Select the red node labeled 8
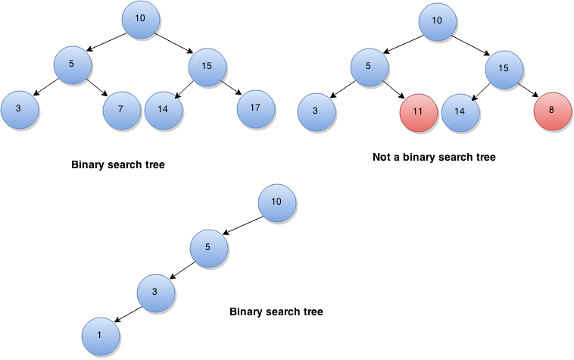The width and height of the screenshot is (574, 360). pos(552,111)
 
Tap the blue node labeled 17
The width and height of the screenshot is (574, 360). pos(255,109)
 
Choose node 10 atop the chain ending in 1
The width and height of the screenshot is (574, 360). pos(276,203)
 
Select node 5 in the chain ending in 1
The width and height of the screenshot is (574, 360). pos(208,249)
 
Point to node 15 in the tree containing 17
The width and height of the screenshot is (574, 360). pos(207,67)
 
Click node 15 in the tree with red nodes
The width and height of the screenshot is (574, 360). pos(504,70)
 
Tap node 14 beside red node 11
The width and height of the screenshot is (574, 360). pos(460,113)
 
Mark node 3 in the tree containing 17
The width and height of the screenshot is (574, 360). pos(19,111)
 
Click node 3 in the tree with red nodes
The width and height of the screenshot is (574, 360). pos(316,113)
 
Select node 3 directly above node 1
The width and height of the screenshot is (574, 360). pos(155,293)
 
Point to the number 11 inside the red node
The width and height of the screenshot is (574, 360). pos(418,111)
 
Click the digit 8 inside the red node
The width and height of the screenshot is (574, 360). pos(551,110)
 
